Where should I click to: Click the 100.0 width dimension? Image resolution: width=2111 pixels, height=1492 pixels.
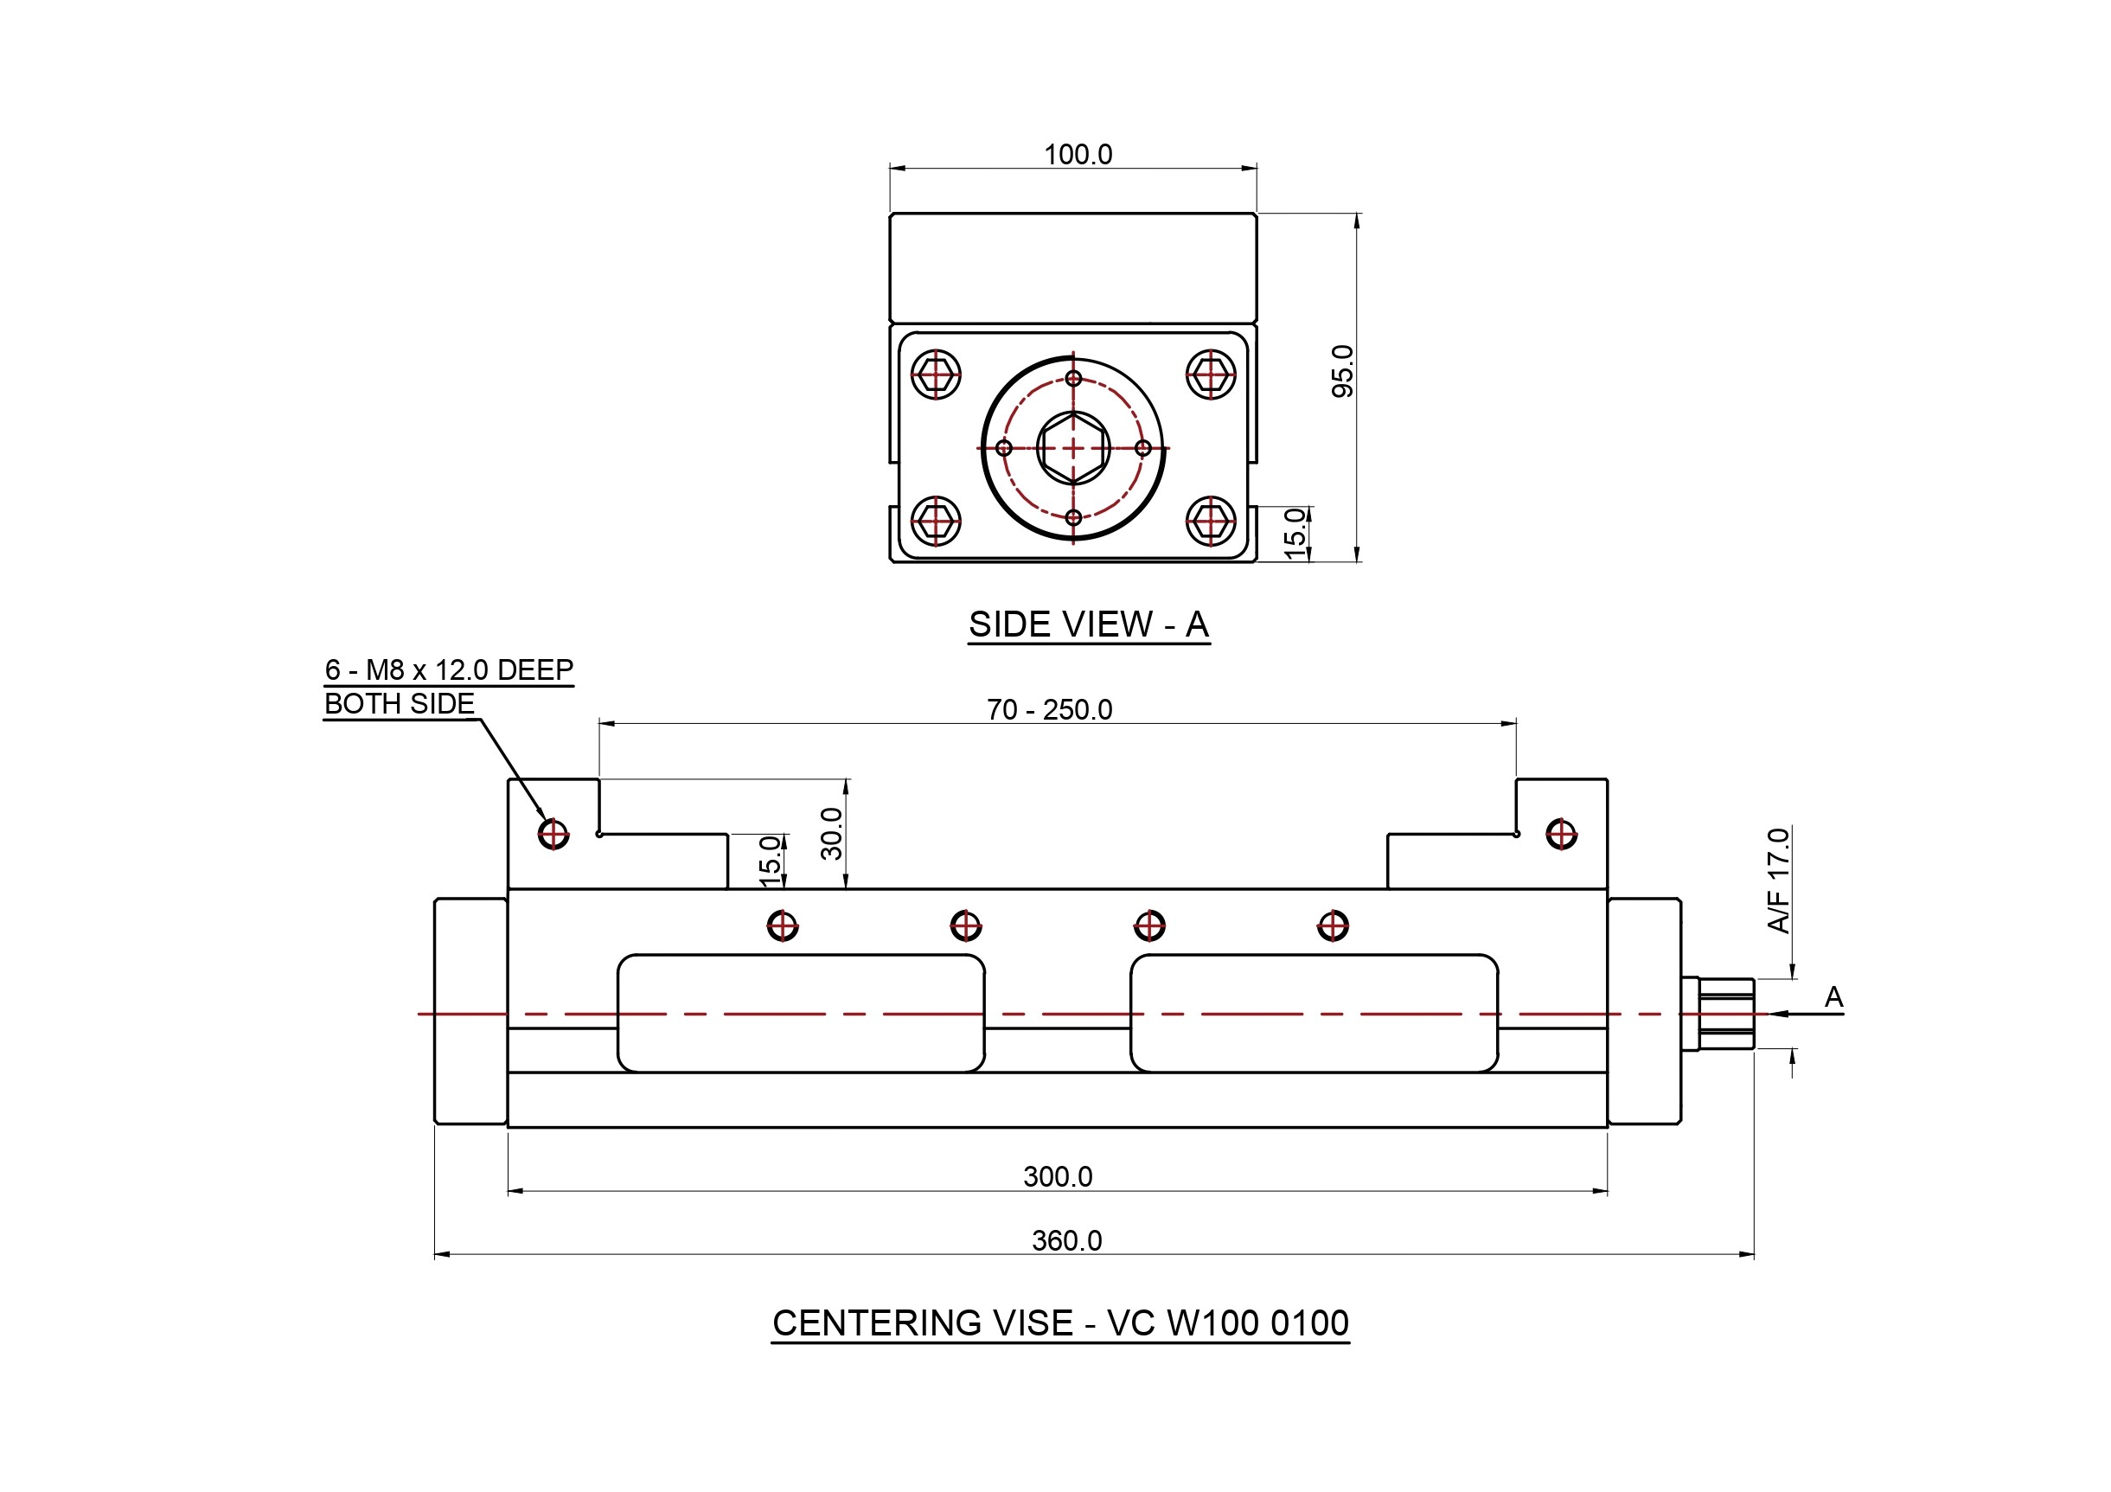[x=1078, y=155]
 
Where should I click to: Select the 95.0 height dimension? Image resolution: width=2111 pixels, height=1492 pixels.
[x=1342, y=371]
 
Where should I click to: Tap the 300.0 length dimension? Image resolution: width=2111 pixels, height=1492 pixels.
[x=1058, y=1176]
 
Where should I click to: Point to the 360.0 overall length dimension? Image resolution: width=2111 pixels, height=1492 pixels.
[x=1066, y=1241]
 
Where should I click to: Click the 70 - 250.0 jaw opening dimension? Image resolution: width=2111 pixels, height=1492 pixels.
[x=1049, y=710]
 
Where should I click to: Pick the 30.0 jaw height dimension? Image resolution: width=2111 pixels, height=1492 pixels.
[x=831, y=833]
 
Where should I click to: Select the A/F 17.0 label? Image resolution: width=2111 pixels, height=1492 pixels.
[x=1778, y=880]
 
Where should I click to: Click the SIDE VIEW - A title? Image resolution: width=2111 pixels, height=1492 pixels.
[x=1089, y=625]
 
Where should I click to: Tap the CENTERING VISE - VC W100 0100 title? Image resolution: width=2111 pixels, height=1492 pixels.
[x=1060, y=1323]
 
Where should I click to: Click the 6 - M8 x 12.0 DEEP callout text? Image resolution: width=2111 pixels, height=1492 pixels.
[x=449, y=670]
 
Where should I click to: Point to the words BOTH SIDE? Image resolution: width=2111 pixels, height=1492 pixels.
[x=399, y=704]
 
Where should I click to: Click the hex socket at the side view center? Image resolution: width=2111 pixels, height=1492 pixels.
[x=1073, y=448]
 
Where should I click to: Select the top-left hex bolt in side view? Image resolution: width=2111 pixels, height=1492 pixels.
[x=936, y=375]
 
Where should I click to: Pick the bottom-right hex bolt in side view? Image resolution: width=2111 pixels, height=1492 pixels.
[x=1211, y=522]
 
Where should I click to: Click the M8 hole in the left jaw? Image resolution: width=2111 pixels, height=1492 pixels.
[x=553, y=834]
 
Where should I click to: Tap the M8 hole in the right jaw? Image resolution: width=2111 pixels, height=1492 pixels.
[x=1561, y=835]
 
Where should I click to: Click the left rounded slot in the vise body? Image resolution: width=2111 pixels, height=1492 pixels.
[x=801, y=1013]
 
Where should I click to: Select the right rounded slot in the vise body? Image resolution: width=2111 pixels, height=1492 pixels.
[x=1314, y=1013]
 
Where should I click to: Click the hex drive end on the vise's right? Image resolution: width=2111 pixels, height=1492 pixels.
[x=1724, y=1014]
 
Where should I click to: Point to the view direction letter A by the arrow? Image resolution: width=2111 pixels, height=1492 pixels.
[x=1833, y=997]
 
